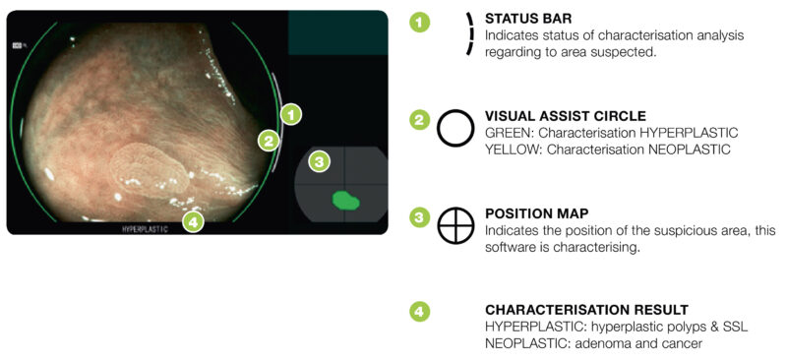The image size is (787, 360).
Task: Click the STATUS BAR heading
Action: pyautogui.click(x=527, y=18)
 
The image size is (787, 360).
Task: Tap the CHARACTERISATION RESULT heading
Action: pyautogui.click(x=586, y=309)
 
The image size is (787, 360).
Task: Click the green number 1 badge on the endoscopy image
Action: pyautogui.click(x=290, y=114)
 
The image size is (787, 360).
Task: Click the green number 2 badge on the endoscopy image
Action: pyautogui.click(x=267, y=141)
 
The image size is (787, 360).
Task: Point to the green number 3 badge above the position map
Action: pyautogui.click(x=317, y=160)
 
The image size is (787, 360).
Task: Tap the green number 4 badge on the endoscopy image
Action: pyautogui.click(x=194, y=221)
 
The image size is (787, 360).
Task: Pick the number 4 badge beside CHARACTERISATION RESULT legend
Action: pyautogui.click(x=420, y=312)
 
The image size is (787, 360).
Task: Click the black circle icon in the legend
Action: pyautogui.click(x=455, y=128)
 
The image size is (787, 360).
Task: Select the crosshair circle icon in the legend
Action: pyautogui.click(x=455, y=225)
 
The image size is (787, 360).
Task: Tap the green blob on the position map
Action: pyautogui.click(x=345, y=201)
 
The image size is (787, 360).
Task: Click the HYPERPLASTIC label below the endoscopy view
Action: pyautogui.click(x=145, y=228)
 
